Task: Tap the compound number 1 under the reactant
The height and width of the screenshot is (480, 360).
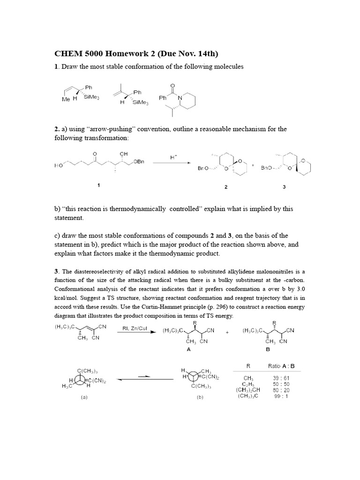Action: (x=98, y=186)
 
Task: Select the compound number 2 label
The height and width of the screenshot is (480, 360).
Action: (x=225, y=187)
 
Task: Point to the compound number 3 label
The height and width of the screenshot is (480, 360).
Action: (x=284, y=187)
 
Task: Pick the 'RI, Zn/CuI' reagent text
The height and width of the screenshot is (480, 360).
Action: (x=135, y=329)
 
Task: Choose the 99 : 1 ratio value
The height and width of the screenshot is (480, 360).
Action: (x=280, y=396)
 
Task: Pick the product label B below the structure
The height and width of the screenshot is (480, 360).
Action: (x=268, y=349)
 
